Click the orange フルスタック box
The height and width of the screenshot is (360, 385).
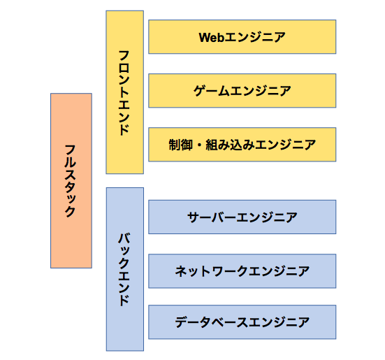click(71, 180)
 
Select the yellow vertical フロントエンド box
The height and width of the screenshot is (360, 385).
click(124, 92)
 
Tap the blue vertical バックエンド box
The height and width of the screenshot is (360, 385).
click(124, 268)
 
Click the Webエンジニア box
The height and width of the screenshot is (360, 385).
click(242, 37)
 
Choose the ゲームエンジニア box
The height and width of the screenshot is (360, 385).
click(242, 90)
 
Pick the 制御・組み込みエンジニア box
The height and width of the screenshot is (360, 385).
click(242, 145)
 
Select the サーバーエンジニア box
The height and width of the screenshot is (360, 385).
click(242, 217)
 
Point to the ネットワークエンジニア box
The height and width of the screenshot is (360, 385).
click(242, 271)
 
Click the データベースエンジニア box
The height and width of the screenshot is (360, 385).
click(242, 322)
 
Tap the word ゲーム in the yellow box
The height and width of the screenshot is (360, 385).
click(209, 90)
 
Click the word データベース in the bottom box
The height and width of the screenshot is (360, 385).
click(209, 322)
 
